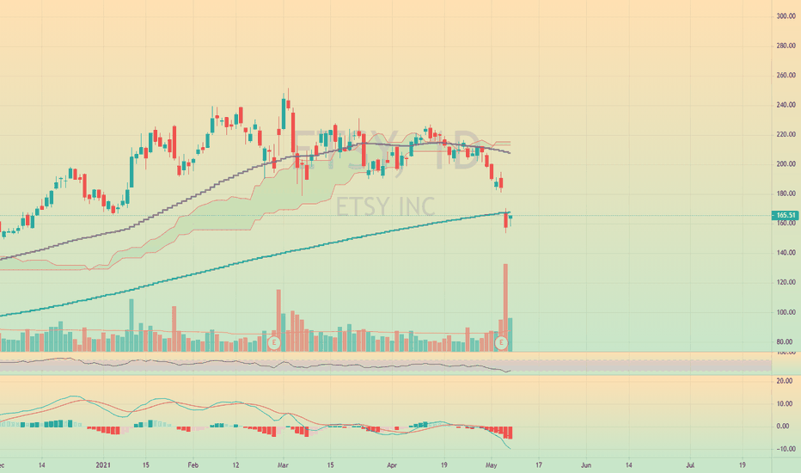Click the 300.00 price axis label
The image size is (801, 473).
783,16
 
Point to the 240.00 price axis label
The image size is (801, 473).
783,105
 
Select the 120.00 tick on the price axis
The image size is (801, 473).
783,283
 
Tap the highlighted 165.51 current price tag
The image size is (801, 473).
784,216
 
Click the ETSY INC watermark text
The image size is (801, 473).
385,207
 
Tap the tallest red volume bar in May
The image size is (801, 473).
505,305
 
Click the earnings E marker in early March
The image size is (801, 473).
274,343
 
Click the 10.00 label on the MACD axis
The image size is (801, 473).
783,403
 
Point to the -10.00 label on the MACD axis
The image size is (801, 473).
783,449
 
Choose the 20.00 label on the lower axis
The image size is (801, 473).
783,381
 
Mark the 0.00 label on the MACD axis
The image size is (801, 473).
783,427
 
